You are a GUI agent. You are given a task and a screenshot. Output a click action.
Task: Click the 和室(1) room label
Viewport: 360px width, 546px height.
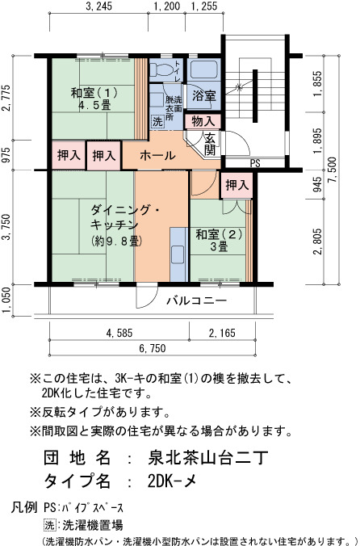point(94,99)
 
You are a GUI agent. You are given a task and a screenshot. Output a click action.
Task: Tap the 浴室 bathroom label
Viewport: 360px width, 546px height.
point(204,95)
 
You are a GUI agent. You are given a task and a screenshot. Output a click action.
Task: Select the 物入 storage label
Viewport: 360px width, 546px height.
point(203,121)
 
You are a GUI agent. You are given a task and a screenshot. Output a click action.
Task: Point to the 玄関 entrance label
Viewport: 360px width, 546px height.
point(210,144)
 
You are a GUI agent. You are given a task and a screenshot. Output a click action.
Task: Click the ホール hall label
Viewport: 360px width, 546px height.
point(157,155)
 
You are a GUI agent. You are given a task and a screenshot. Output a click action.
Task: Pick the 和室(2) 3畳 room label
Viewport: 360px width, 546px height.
point(219,240)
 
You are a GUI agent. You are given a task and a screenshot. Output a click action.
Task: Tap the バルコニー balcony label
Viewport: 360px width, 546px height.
point(196,300)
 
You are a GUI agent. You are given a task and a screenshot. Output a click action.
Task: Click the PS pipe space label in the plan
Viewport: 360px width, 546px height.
point(255,163)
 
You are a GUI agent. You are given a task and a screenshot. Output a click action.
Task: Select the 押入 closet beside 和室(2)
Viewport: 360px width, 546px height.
point(237,185)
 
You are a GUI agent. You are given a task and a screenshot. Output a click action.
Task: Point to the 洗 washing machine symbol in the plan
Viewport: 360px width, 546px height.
point(157,122)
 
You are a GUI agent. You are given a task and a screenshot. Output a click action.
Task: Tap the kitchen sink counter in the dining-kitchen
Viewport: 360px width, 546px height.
point(179,254)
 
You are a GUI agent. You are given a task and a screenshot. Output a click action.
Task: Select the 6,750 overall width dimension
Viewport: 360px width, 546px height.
point(153,348)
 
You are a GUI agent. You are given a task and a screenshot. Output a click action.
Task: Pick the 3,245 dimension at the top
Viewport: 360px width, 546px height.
point(98,6)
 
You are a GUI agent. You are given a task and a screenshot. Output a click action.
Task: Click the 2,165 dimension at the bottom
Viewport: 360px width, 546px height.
point(222,333)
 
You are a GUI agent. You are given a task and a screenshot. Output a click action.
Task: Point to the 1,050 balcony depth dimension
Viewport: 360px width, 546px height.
point(6,300)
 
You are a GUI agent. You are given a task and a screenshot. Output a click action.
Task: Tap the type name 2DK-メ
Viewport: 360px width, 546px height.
point(172,481)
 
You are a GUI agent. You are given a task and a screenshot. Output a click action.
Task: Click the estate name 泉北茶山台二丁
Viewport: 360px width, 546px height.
point(208,457)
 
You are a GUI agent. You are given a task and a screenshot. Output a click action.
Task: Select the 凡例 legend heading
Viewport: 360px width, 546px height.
point(24,507)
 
